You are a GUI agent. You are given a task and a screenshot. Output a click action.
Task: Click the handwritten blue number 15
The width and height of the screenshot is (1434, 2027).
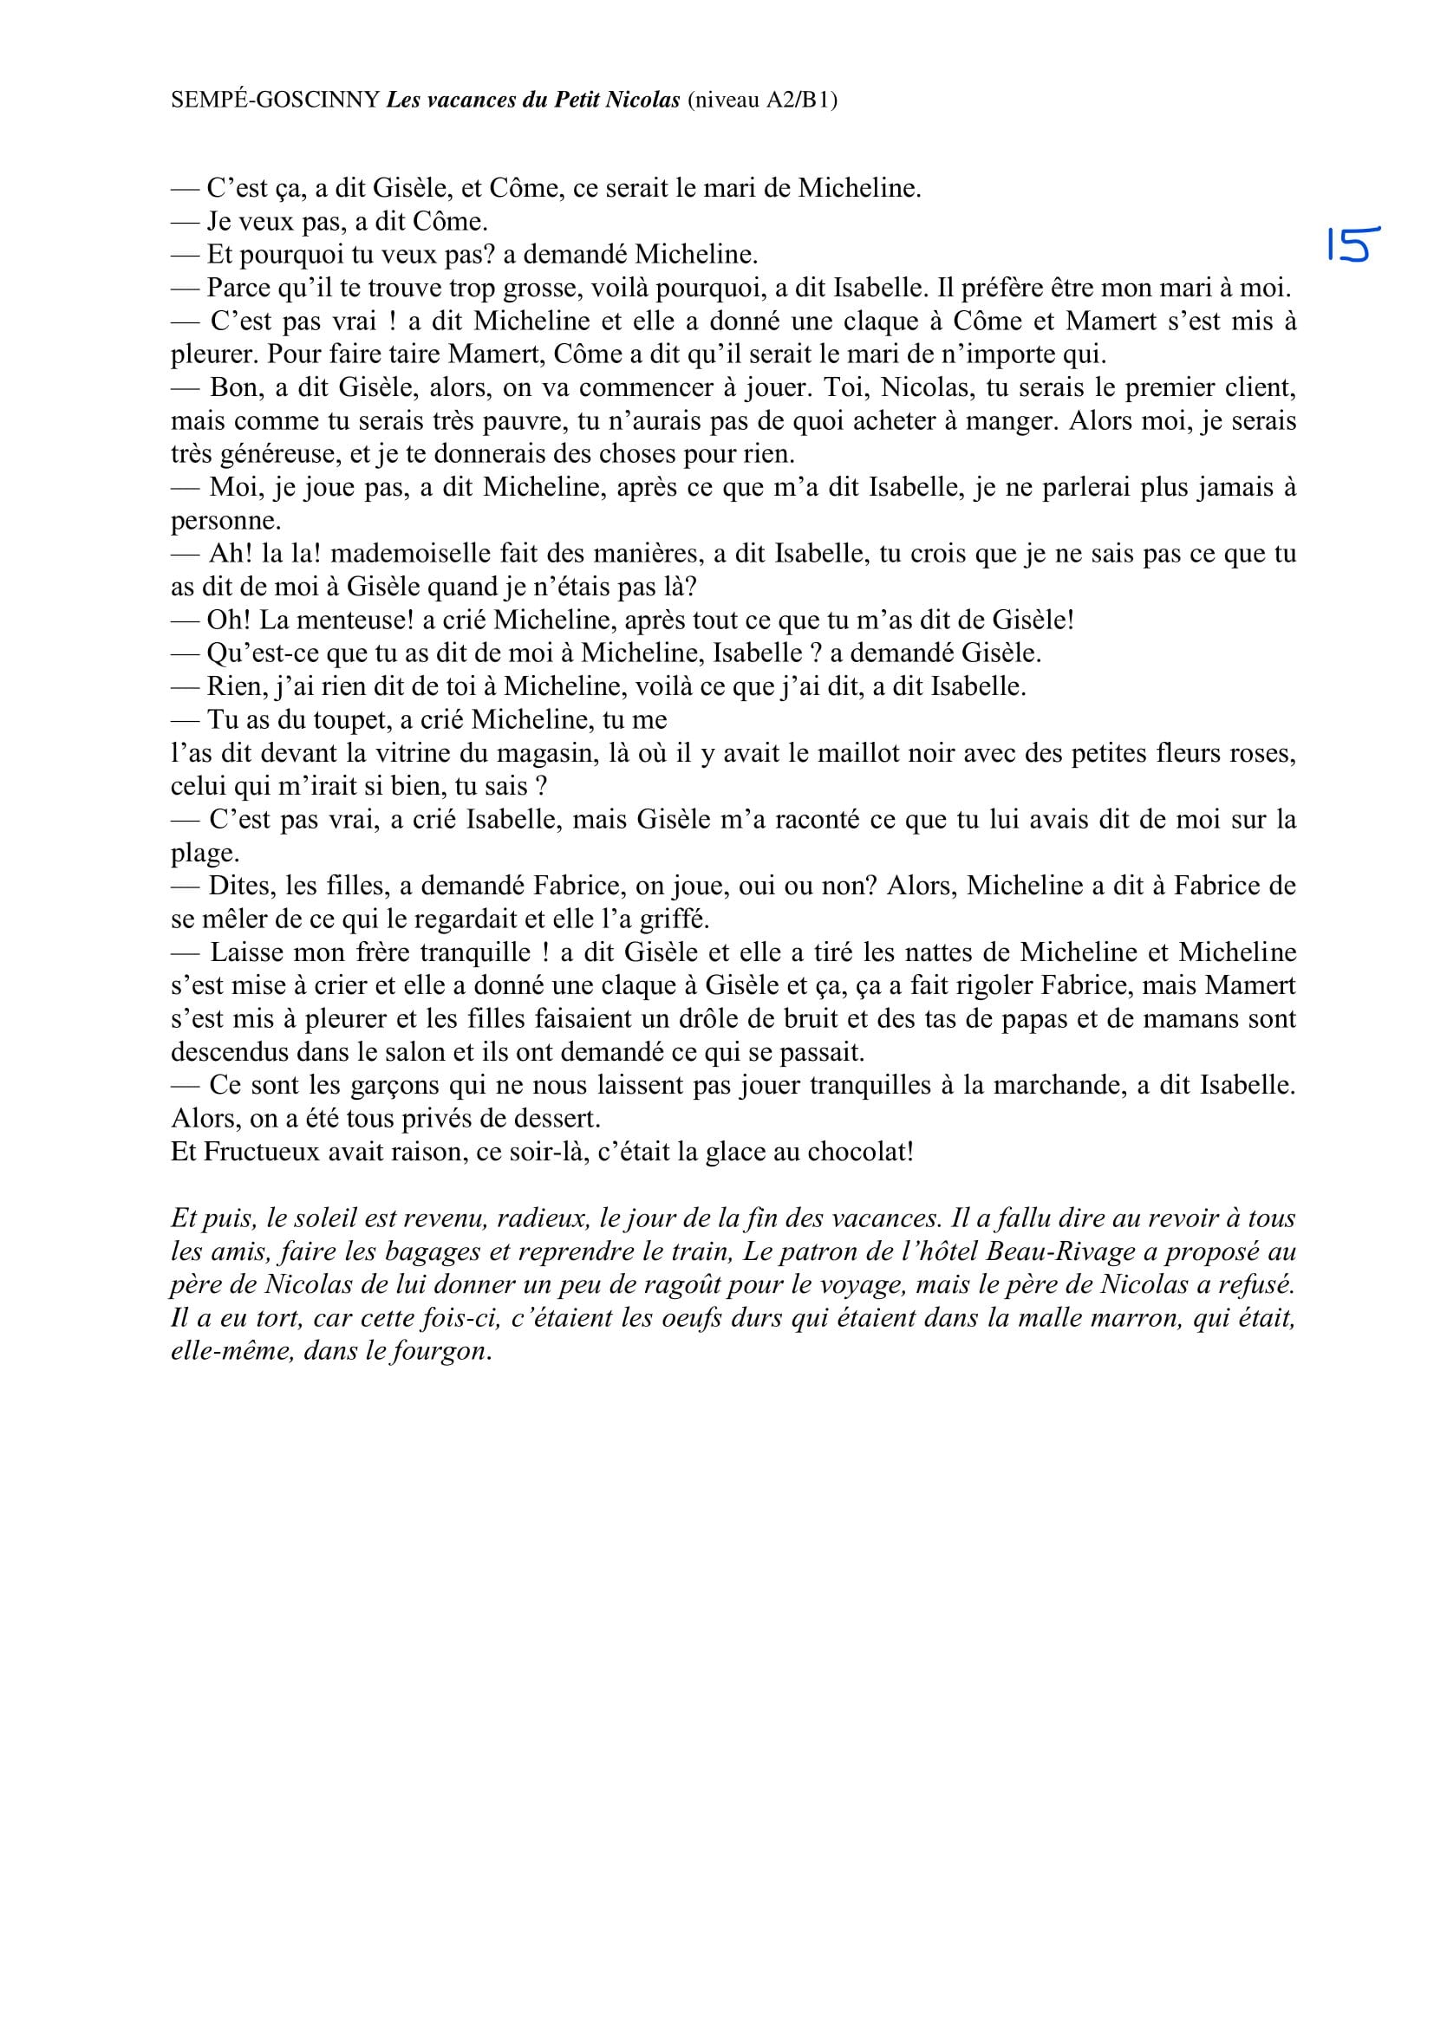(1353, 244)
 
